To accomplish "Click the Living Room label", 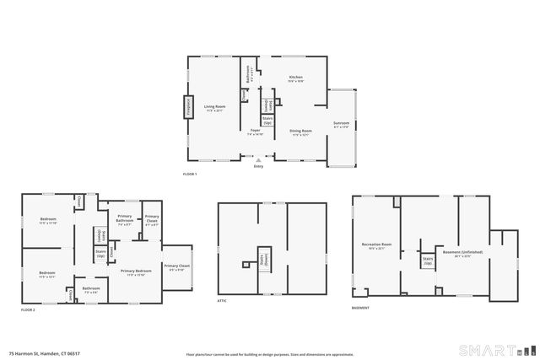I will (214, 107).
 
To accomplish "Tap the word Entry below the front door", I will (258, 166).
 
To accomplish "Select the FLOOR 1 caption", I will (189, 175).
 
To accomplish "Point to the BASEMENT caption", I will (360, 308).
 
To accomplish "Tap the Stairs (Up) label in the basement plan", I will (428, 261).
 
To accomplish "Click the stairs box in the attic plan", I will (264, 258).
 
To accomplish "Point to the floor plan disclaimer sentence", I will (257, 354).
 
